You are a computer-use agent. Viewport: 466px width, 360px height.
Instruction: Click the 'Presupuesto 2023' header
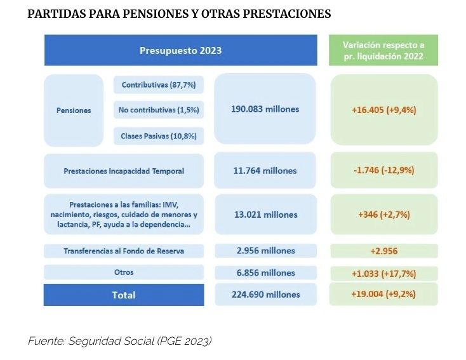[180, 50]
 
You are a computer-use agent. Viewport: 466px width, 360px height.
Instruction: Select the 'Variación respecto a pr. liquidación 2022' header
[383, 50]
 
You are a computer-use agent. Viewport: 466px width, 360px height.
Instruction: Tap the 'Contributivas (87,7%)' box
[158, 84]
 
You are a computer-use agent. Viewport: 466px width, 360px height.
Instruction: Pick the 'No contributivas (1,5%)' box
[158, 110]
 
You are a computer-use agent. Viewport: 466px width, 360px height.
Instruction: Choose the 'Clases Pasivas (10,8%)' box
[158, 135]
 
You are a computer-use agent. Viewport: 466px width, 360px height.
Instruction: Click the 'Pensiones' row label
[74, 110]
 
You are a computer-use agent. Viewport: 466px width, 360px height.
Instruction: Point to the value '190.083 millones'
[265, 109]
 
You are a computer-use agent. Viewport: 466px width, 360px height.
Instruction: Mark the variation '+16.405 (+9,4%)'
[383, 109]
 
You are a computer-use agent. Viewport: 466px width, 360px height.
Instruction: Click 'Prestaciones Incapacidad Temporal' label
[124, 171]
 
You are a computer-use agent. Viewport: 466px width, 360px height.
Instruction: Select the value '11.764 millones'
[265, 170]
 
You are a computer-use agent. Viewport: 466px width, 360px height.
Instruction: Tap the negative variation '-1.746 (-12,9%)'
[383, 170]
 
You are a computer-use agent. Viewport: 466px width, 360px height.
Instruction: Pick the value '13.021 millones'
[265, 215]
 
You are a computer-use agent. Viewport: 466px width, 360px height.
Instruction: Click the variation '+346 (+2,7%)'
[383, 215]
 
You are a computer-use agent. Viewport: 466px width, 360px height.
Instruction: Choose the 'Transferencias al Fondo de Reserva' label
[124, 251]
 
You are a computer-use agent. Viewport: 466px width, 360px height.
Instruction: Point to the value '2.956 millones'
[265, 250]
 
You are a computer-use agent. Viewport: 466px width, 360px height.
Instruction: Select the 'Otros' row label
[124, 272]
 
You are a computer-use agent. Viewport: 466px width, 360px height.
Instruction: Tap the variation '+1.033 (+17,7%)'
[383, 273]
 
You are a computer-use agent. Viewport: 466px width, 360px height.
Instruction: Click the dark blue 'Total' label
[124, 295]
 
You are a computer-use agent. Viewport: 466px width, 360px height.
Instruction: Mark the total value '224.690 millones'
[265, 294]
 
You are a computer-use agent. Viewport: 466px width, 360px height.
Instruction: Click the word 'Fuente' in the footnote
[43, 341]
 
